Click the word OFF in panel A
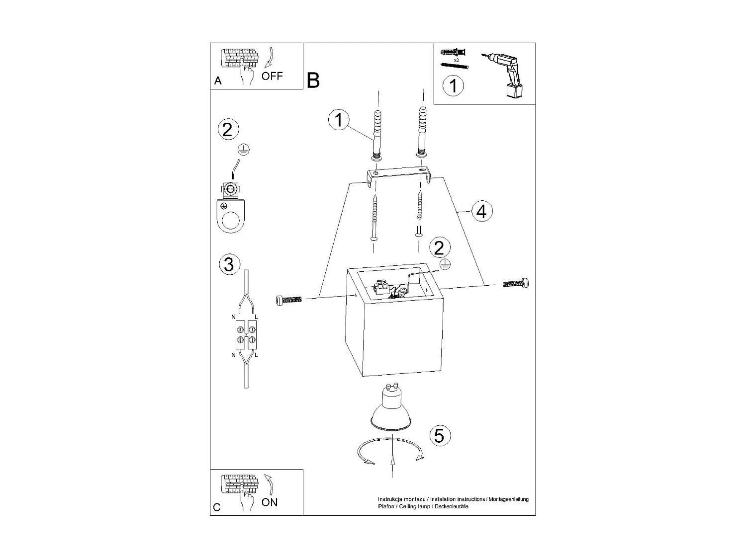coord(272,76)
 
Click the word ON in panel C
coord(270,502)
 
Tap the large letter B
coord(313,80)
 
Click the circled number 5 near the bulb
coord(439,435)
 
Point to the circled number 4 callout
coord(481,212)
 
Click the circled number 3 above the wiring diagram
coord(229,264)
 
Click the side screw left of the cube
coord(288,300)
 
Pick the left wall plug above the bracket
coord(377,134)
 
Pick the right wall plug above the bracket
coord(422,131)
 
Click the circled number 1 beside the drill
coord(453,85)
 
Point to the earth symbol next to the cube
coord(445,265)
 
